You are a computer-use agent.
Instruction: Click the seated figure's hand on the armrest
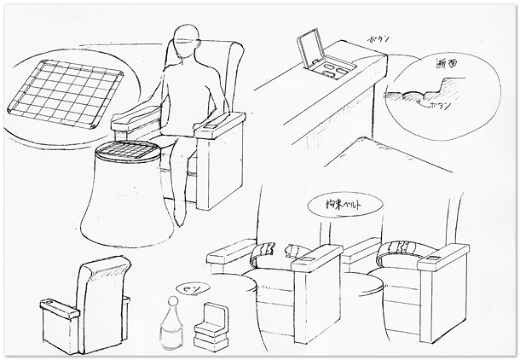point(205,128)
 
